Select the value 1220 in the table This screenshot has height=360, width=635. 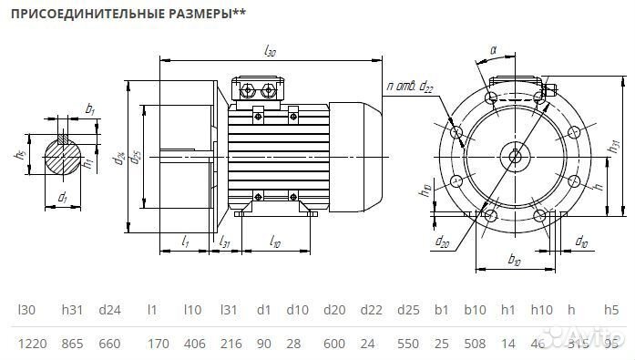click(32, 344)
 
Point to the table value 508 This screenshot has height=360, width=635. click(474, 344)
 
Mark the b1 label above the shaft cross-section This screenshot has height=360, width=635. click(89, 109)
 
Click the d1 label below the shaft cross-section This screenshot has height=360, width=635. click(62, 197)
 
